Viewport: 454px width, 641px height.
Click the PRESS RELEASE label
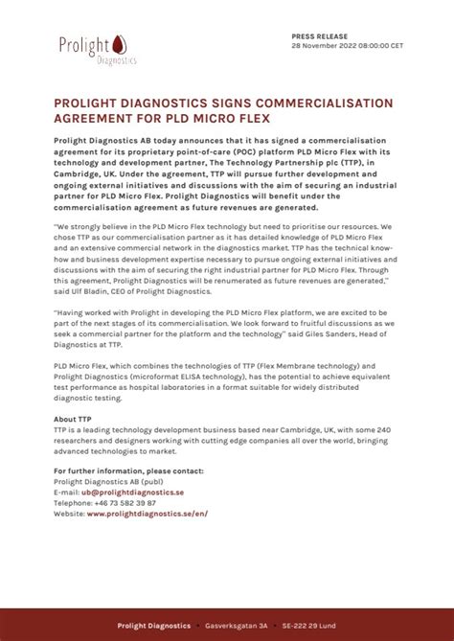pyautogui.click(x=313, y=34)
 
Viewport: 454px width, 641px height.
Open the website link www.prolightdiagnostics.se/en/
pyautogui.click(x=147, y=513)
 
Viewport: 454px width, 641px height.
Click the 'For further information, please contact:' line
pyautogui.click(x=128, y=470)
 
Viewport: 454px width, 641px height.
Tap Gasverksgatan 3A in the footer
pyautogui.click(x=237, y=626)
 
